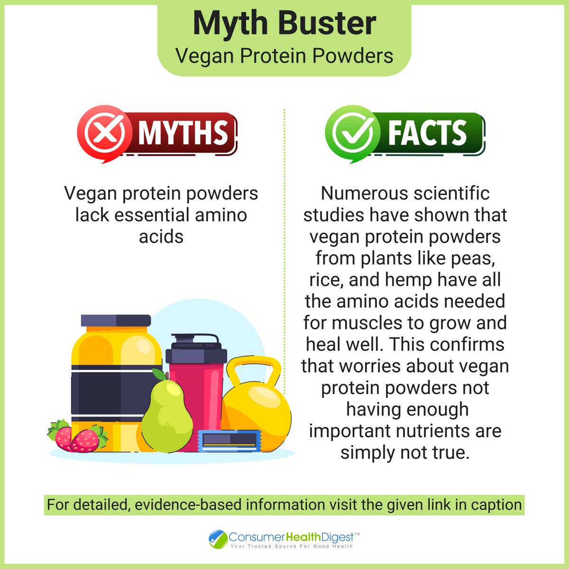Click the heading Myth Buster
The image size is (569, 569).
(x=284, y=24)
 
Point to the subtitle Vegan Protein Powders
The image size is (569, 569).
(x=284, y=56)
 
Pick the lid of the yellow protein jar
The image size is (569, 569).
(x=115, y=321)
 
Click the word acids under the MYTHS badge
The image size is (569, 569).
(x=161, y=236)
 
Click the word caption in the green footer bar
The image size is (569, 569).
(x=496, y=505)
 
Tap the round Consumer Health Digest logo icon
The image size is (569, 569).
(x=218, y=540)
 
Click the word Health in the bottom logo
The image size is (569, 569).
(x=304, y=537)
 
